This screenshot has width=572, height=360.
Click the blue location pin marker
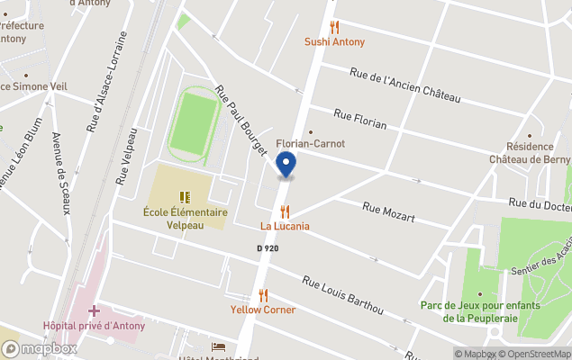tap(286, 165)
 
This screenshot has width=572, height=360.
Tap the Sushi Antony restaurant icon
tap(334, 27)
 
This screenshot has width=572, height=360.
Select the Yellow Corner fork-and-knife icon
tap(263, 294)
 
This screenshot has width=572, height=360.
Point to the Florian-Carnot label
tap(310, 143)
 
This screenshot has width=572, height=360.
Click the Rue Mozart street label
tap(388, 212)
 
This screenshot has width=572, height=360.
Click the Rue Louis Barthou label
tap(342, 295)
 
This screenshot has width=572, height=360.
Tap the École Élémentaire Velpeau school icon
tap(184, 196)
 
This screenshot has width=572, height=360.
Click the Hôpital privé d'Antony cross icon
tap(94, 310)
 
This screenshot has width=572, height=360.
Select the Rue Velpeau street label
tap(126, 157)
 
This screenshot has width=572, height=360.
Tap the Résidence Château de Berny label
tap(537, 153)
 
